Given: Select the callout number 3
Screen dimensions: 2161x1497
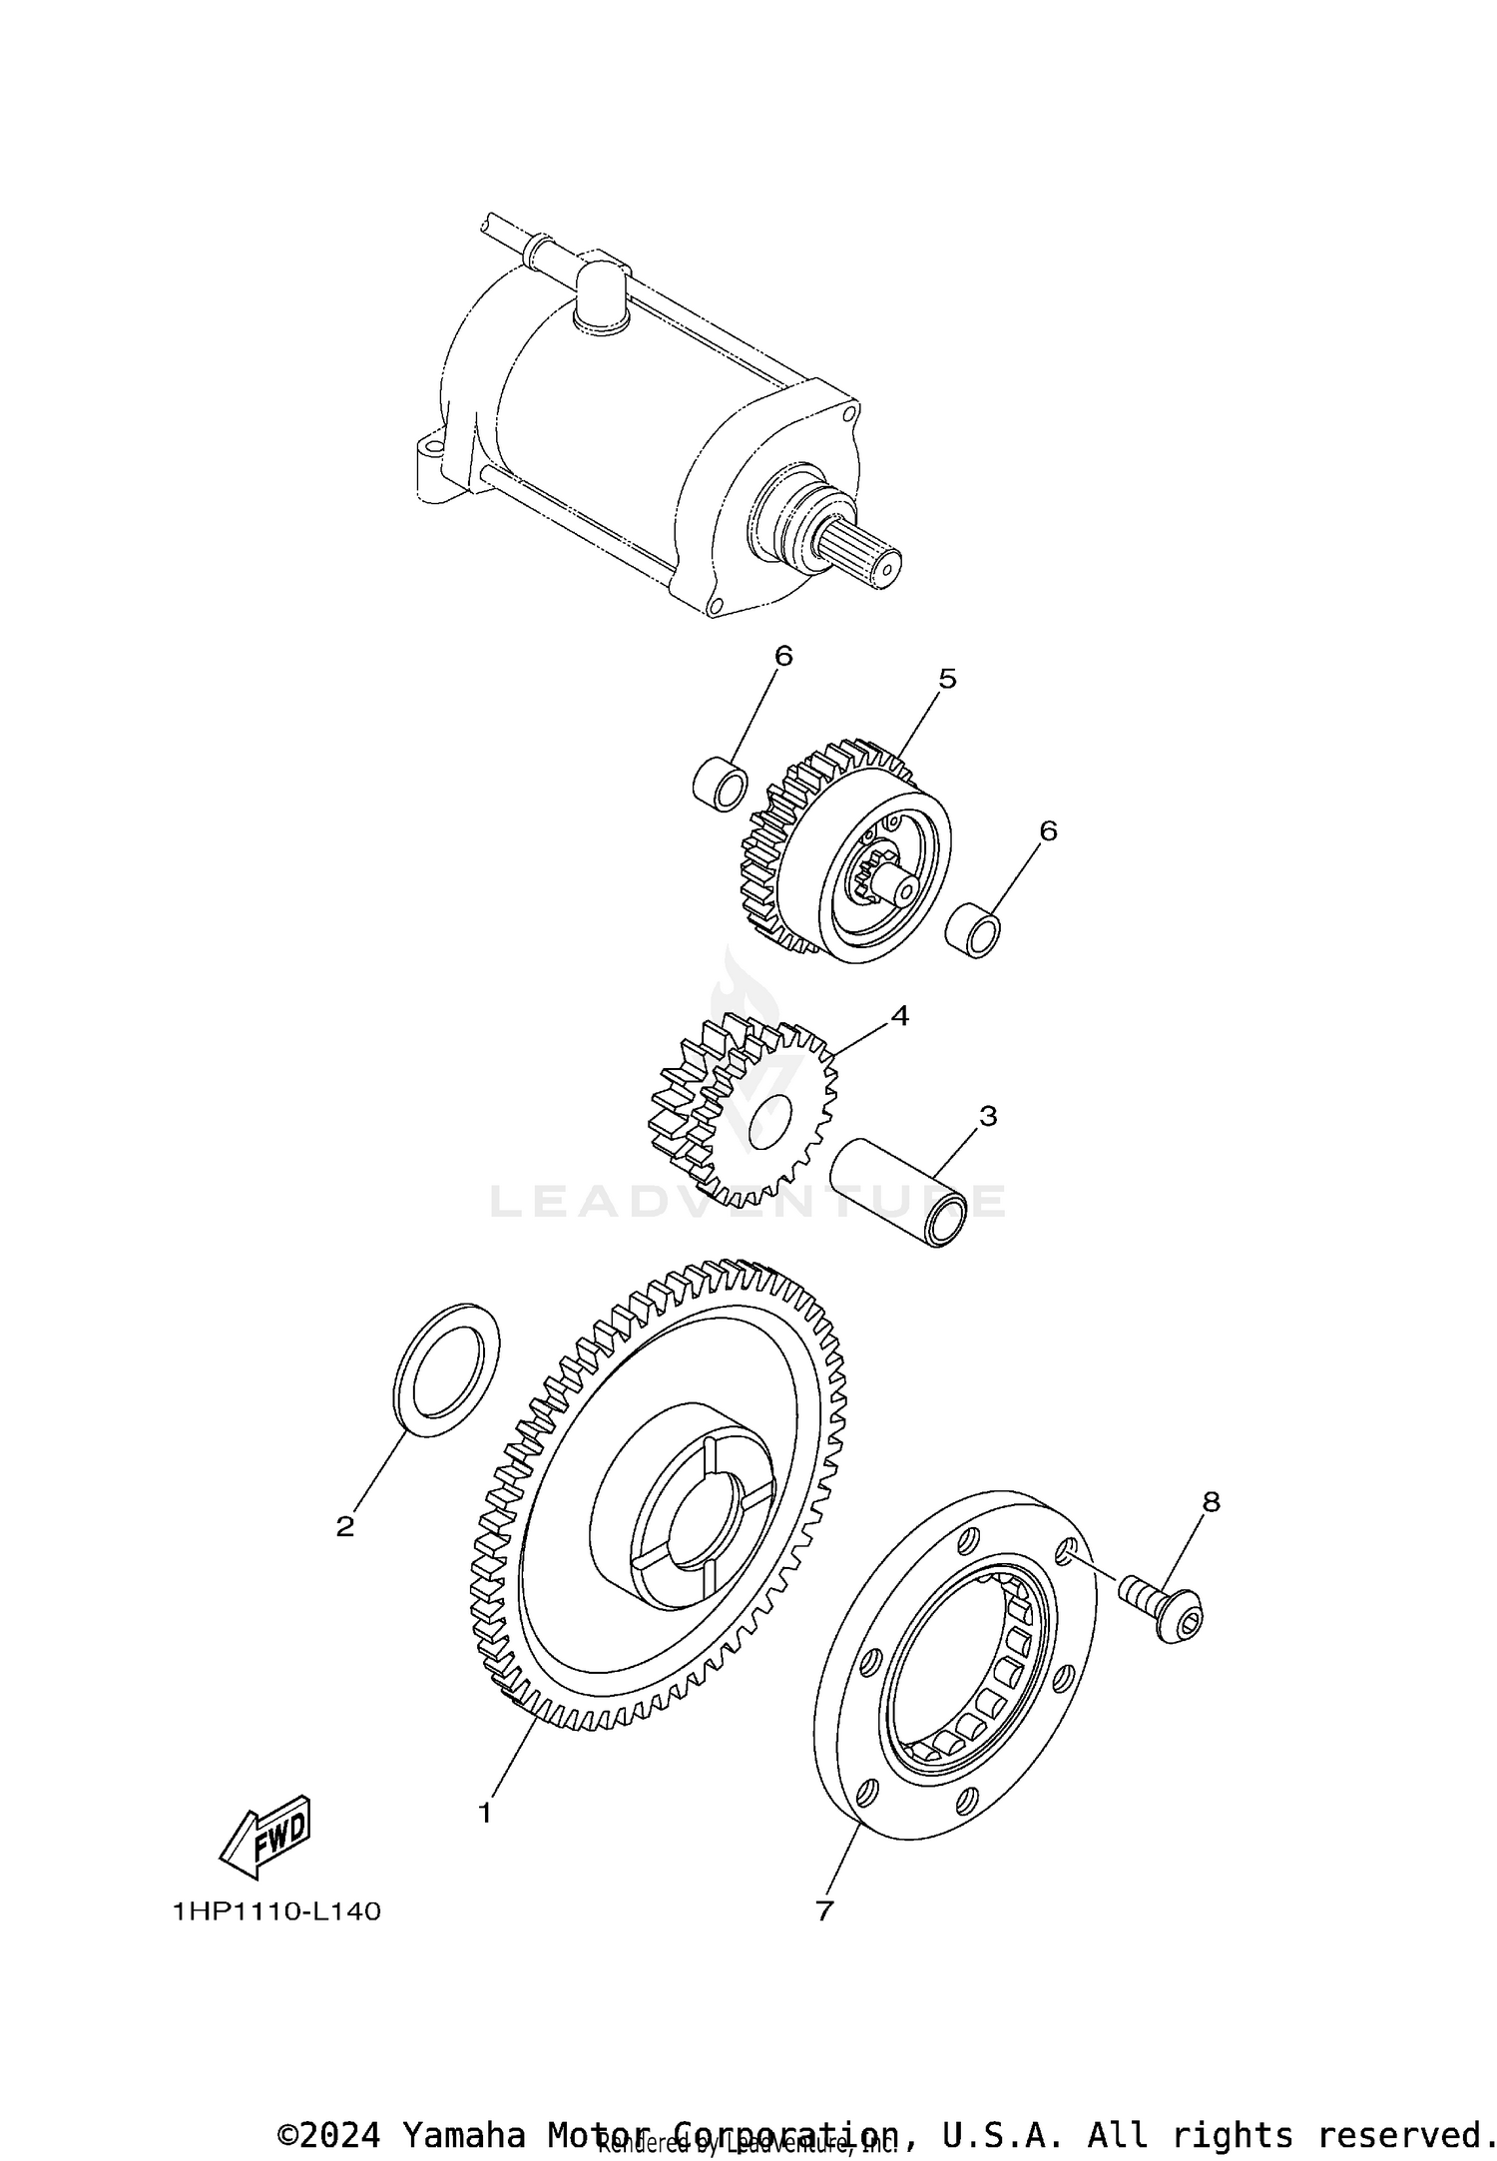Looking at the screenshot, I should point(988,1116).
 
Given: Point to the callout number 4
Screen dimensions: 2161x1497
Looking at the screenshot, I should point(899,1016).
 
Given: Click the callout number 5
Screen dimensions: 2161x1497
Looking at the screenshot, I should point(947,679).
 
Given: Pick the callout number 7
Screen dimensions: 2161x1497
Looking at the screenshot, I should point(823,1910).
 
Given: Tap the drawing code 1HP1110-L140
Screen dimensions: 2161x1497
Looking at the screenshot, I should point(276,1910).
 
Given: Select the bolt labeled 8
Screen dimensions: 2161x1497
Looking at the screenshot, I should point(1168,1607).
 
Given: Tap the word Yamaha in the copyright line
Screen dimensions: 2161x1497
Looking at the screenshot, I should point(464,2127).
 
